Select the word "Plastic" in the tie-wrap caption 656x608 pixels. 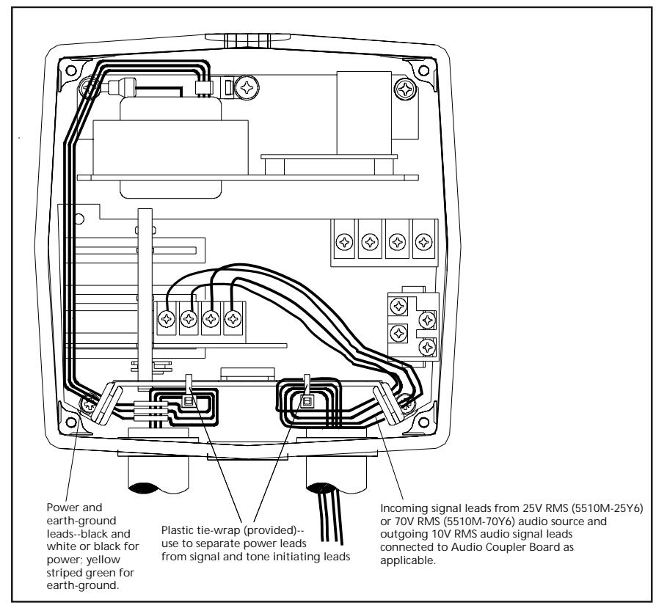(x=178, y=530)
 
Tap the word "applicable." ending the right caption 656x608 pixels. (x=408, y=561)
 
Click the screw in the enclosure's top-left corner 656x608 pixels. (x=71, y=70)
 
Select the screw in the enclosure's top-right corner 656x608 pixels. (x=423, y=70)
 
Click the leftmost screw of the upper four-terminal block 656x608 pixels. (x=344, y=242)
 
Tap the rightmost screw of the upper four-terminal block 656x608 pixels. (x=424, y=242)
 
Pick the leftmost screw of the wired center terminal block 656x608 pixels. (x=167, y=320)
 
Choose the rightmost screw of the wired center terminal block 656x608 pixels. (x=233, y=320)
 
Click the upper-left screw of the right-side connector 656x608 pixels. (x=398, y=306)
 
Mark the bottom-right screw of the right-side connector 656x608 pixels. (x=427, y=347)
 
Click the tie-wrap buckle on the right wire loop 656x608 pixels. (x=307, y=402)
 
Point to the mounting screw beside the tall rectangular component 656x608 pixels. (x=406, y=89)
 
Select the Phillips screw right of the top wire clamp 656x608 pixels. (x=247, y=88)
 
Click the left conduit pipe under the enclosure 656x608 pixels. (x=158, y=472)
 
